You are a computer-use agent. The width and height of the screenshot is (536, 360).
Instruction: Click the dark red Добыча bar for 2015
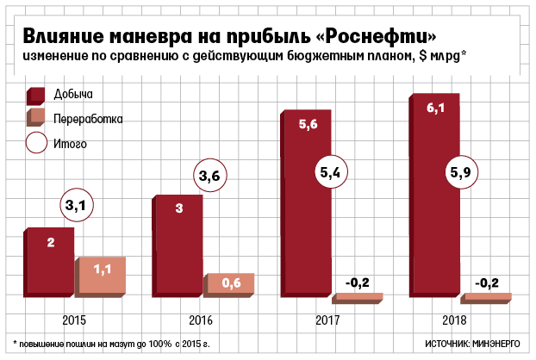(50, 264)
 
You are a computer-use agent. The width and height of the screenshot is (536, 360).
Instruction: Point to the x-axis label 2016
(203, 320)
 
